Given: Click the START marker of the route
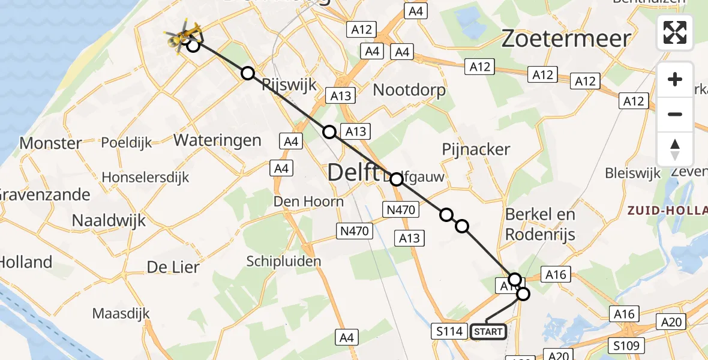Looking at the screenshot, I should pyautogui.click(x=488, y=332).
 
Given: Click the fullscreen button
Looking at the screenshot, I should pyautogui.click(x=675, y=32).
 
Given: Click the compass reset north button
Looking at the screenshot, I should pyautogui.click(x=675, y=149).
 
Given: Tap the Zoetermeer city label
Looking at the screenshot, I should pyautogui.click(x=566, y=39).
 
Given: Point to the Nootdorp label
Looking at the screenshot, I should pyautogui.click(x=409, y=91).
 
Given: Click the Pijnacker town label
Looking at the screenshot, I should pyautogui.click(x=476, y=149).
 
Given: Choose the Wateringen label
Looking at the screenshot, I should pyautogui.click(x=217, y=140).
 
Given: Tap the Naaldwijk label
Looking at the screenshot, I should pyautogui.click(x=109, y=220).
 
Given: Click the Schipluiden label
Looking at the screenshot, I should pyautogui.click(x=284, y=261).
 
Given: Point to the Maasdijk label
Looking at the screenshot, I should pyautogui.click(x=121, y=313).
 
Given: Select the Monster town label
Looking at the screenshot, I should pyautogui.click(x=50, y=143).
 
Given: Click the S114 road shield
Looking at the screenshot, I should pyautogui.click(x=449, y=331).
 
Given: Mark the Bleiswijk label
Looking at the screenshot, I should pyautogui.click(x=632, y=174).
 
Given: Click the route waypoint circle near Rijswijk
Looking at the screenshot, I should pyautogui.click(x=248, y=73).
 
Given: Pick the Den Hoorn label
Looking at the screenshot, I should pyautogui.click(x=308, y=201).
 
